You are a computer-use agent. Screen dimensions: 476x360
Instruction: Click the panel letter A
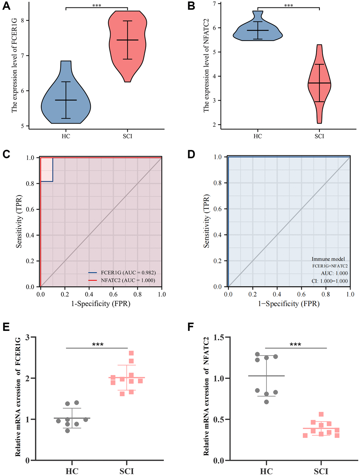coord(6,6)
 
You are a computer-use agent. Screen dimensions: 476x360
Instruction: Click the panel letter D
coord(191,155)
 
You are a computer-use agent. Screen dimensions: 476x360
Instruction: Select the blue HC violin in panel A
coord(66,102)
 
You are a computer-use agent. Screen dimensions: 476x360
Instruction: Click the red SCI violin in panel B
coord(319,83)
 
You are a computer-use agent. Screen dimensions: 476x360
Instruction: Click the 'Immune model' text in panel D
coord(328,259)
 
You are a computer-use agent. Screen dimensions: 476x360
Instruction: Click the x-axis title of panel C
coord(101,304)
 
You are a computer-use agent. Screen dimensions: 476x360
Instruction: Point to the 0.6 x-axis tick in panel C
coord(113,294)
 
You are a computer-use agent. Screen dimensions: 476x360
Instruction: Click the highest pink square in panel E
coord(131,353)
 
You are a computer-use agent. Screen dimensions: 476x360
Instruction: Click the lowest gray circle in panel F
coord(266,402)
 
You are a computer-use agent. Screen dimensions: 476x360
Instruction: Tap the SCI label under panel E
coord(127,471)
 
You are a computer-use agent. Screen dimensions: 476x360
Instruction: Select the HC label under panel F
coord(266,471)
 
